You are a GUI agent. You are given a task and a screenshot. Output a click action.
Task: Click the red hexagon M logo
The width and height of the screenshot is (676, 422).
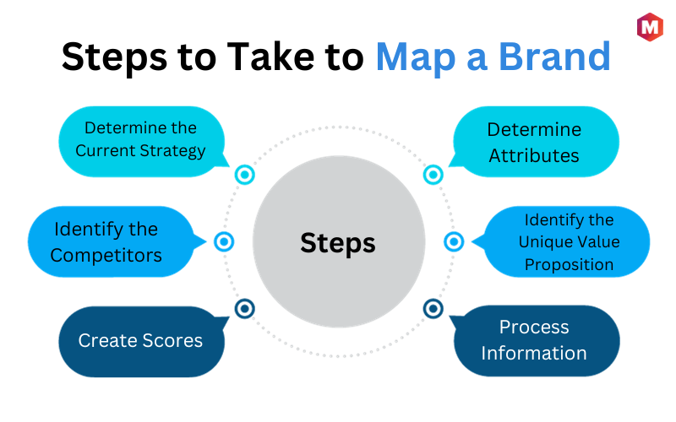tap(650, 27)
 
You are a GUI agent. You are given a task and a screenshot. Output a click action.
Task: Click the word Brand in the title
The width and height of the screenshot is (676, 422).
tap(554, 57)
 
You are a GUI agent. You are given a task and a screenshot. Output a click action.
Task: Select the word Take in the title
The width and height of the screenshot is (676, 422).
tap(271, 56)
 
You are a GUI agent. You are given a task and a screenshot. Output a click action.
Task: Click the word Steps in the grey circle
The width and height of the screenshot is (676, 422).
tap(338, 243)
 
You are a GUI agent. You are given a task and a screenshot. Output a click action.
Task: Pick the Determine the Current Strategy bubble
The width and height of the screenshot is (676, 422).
tap(142, 141)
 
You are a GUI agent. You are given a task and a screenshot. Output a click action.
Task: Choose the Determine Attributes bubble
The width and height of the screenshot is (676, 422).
tap(535, 141)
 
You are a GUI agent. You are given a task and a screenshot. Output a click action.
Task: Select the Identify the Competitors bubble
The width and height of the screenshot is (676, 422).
tap(113, 241)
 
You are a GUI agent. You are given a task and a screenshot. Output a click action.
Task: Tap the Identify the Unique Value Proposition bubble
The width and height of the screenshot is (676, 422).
tap(563, 241)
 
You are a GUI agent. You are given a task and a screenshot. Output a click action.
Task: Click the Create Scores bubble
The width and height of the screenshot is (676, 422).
tap(142, 342)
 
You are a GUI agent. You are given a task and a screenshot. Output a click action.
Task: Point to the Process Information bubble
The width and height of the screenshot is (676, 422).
tap(535, 341)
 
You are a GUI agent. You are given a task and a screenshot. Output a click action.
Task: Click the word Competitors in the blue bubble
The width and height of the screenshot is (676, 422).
tap(106, 256)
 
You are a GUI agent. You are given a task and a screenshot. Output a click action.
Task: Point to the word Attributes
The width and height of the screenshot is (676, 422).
tap(534, 156)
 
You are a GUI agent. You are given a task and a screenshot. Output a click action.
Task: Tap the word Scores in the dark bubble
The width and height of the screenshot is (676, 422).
tap(172, 341)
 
